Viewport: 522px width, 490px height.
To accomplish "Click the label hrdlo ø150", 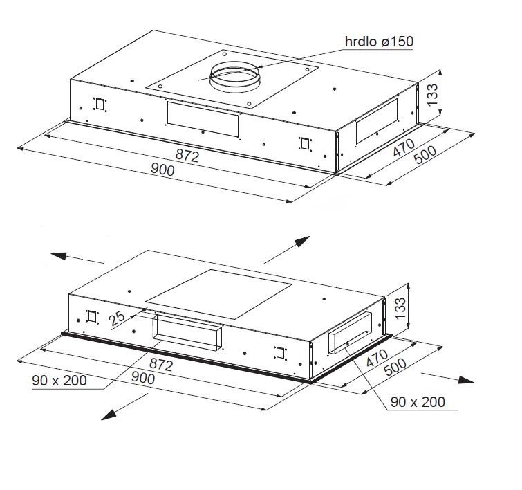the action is pyautogui.click(x=379, y=42).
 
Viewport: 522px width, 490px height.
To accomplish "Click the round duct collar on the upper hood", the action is pyautogui.click(x=234, y=77).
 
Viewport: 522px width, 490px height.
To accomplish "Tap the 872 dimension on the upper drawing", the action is pyautogui.click(x=187, y=156).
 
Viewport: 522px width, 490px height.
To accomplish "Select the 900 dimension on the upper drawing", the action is pyautogui.click(x=162, y=170).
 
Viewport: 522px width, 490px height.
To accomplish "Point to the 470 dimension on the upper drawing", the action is pyautogui.click(x=404, y=147).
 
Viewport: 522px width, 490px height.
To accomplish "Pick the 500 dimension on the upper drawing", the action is pyautogui.click(x=425, y=154).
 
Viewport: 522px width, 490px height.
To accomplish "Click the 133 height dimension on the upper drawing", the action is pyautogui.click(x=432, y=95).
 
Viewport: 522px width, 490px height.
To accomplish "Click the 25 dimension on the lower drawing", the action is pyautogui.click(x=117, y=318).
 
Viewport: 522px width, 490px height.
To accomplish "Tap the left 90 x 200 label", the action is pyautogui.click(x=59, y=381).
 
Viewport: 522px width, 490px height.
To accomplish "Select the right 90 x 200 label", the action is pyautogui.click(x=418, y=402).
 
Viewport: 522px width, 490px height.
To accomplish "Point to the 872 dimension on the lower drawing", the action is pyautogui.click(x=161, y=364).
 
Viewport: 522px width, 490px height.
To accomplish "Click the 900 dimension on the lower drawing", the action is pyautogui.click(x=143, y=378).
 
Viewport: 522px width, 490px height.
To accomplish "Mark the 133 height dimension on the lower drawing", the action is pyautogui.click(x=400, y=308).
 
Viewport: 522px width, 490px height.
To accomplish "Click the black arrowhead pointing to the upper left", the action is pyautogui.click(x=59, y=256).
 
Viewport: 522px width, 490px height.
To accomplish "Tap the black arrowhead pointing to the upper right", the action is pyautogui.click(x=302, y=241).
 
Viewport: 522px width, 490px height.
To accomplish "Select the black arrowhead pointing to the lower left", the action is pyautogui.click(x=109, y=415).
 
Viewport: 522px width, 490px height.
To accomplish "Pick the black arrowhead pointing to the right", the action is pyautogui.click(x=466, y=380).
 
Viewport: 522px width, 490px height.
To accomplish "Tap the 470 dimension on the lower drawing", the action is pyautogui.click(x=377, y=358).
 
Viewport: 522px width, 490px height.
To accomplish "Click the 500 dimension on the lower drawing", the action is pyautogui.click(x=395, y=367).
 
